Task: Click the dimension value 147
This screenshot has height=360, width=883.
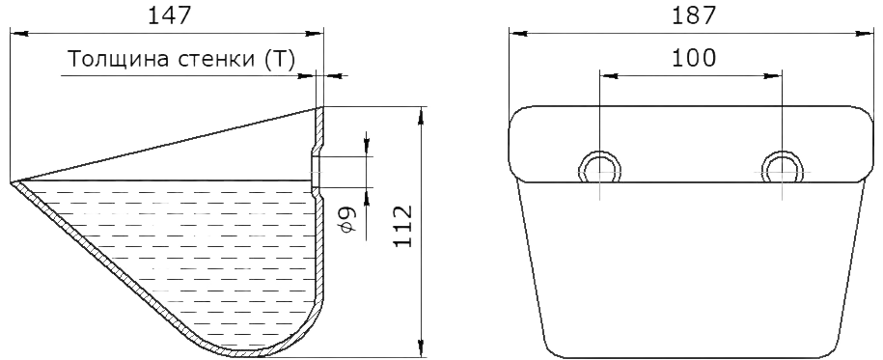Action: (x=169, y=15)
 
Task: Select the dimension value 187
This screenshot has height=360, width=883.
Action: (x=693, y=15)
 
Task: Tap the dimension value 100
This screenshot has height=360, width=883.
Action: (x=694, y=57)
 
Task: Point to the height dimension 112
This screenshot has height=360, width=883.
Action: (x=402, y=225)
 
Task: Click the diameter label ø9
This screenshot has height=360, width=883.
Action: (x=348, y=220)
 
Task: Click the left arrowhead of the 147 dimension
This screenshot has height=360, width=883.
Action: (x=19, y=34)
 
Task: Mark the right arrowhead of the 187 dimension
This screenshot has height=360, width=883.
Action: (x=865, y=34)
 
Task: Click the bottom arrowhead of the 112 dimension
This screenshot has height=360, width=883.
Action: (x=421, y=348)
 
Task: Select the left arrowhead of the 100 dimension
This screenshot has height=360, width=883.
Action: (x=609, y=75)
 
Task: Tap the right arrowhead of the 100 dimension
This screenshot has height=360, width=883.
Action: (x=773, y=75)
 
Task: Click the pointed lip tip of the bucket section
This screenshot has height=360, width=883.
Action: (x=12, y=182)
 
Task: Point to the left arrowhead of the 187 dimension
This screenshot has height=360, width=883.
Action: (x=518, y=34)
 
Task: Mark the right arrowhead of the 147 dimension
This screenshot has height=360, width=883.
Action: (x=315, y=34)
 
